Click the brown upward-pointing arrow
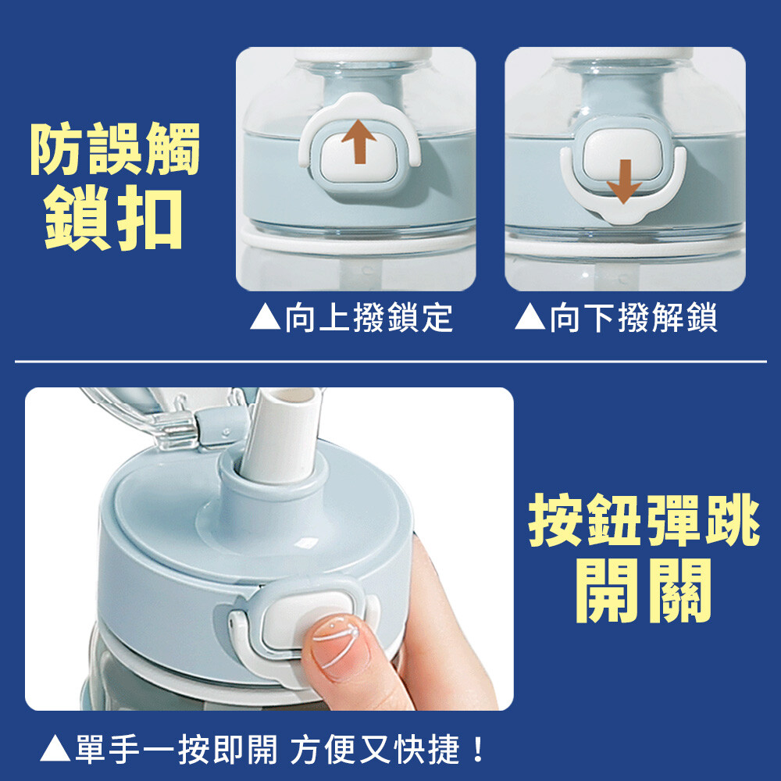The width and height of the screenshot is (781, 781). [x=358, y=141]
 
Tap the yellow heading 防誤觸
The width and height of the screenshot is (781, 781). [x=115, y=148]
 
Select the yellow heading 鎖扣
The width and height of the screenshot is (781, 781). [x=113, y=217]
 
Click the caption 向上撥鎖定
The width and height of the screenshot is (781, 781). [x=369, y=317]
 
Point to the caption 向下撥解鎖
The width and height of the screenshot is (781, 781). [x=633, y=317]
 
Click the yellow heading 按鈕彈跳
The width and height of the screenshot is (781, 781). [x=644, y=520]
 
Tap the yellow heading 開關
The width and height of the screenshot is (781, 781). [x=644, y=590]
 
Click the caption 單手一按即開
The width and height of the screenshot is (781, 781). [x=177, y=749]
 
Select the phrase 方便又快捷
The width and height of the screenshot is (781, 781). [x=375, y=749]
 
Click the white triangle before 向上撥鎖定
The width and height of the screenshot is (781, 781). [x=266, y=318]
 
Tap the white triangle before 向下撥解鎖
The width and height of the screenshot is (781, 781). [x=530, y=318]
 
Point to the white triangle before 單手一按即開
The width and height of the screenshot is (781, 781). [x=55, y=749]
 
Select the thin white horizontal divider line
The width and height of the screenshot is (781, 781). [x=390, y=361]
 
